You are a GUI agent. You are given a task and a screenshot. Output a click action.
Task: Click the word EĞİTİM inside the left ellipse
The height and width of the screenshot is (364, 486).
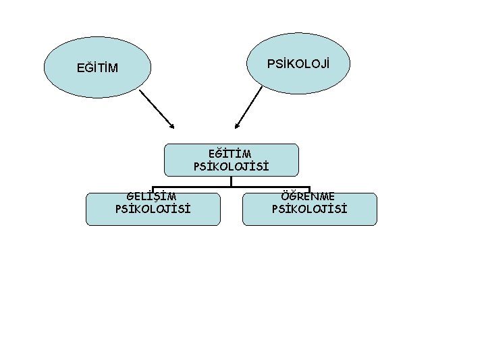pyautogui.click(x=98, y=68)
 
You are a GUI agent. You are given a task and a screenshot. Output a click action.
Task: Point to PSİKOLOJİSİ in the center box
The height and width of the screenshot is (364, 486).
pyautogui.click(x=231, y=165)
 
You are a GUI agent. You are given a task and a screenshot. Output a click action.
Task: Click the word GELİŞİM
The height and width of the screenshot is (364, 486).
pyautogui.click(x=152, y=196)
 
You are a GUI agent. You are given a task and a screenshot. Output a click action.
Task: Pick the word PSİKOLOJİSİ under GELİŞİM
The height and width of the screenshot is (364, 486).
pyautogui.click(x=153, y=208)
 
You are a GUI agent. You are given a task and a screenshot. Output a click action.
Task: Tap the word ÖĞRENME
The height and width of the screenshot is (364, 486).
pyautogui.click(x=309, y=196)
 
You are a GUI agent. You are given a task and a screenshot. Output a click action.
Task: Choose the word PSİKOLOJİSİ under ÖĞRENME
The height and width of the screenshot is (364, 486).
pyautogui.click(x=309, y=208)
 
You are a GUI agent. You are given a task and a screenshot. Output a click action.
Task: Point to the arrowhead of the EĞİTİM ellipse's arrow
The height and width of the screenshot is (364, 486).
pyautogui.click(x=172, y=126)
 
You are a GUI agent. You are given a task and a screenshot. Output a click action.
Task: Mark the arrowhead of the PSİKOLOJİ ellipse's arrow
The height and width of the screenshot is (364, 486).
pyautogui.click(x=236, y=126)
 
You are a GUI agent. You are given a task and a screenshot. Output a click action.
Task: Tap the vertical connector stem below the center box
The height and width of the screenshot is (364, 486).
pyautogui.click(x=231, y=181)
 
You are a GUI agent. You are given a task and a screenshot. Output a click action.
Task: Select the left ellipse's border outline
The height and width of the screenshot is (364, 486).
pyautogui.click(x=45, y=67)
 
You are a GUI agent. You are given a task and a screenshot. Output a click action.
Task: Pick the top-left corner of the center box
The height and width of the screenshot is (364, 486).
pyautogui.click(x=165, y=144)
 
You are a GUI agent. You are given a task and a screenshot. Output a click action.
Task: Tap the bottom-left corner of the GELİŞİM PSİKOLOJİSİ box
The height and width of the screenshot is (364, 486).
pyautogui.click(x=87, y=224)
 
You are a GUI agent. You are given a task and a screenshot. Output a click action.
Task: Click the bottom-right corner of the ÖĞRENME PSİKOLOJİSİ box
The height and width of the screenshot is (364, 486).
pyautogui.click(x=376, y=224)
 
